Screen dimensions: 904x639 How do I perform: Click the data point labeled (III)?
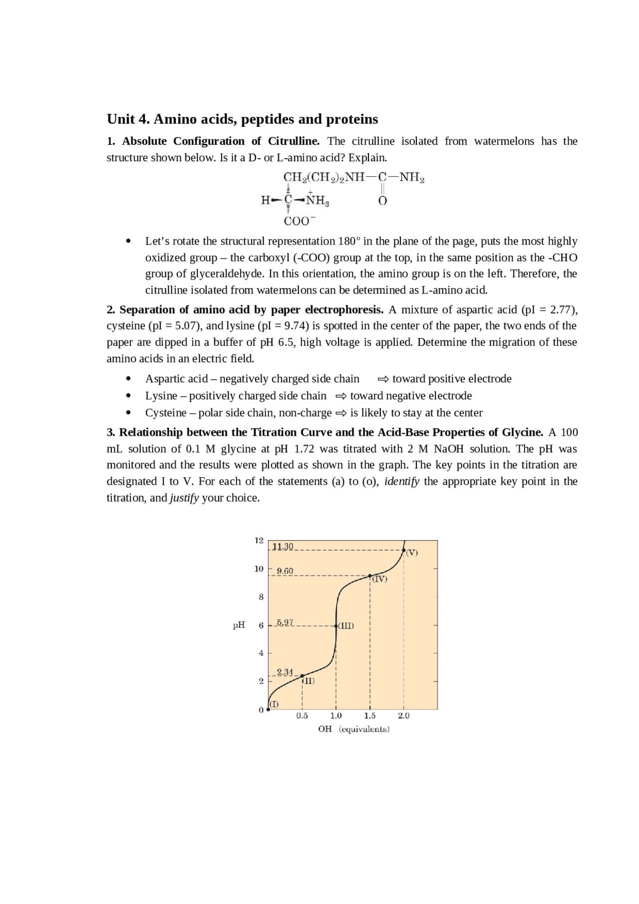tap(336, 625)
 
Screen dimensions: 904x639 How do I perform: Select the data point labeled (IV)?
tap(370, 576)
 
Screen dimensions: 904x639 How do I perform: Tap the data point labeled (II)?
tap(302, 676)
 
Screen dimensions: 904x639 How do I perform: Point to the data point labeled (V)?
tap(404, 550)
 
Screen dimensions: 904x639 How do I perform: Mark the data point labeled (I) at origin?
tap(268, 709)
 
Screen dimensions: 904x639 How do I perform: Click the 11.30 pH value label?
tap(283, 547)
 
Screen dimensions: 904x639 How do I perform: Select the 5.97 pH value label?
tap(285, 622)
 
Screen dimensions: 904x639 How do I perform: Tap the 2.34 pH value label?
tap(285, 672)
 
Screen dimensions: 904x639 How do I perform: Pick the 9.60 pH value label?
tap(285, 571)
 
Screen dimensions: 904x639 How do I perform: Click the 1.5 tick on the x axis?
tap(370, 716)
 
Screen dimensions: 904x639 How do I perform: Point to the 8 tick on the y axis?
tap(261, 597)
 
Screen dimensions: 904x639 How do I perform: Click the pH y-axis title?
tap(239, 625)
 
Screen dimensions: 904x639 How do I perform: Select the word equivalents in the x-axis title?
tap(364, 729)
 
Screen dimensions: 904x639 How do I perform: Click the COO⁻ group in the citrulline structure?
tap(299, 221)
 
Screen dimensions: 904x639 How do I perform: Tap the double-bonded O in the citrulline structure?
tap(382, 201)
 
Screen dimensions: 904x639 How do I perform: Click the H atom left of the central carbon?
tap(265, 201)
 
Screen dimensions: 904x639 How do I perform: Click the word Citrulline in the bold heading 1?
tap(294, 141)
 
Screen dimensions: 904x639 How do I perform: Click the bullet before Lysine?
tap(128, 396)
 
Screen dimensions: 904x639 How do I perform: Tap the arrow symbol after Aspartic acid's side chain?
tap(383, 379)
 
